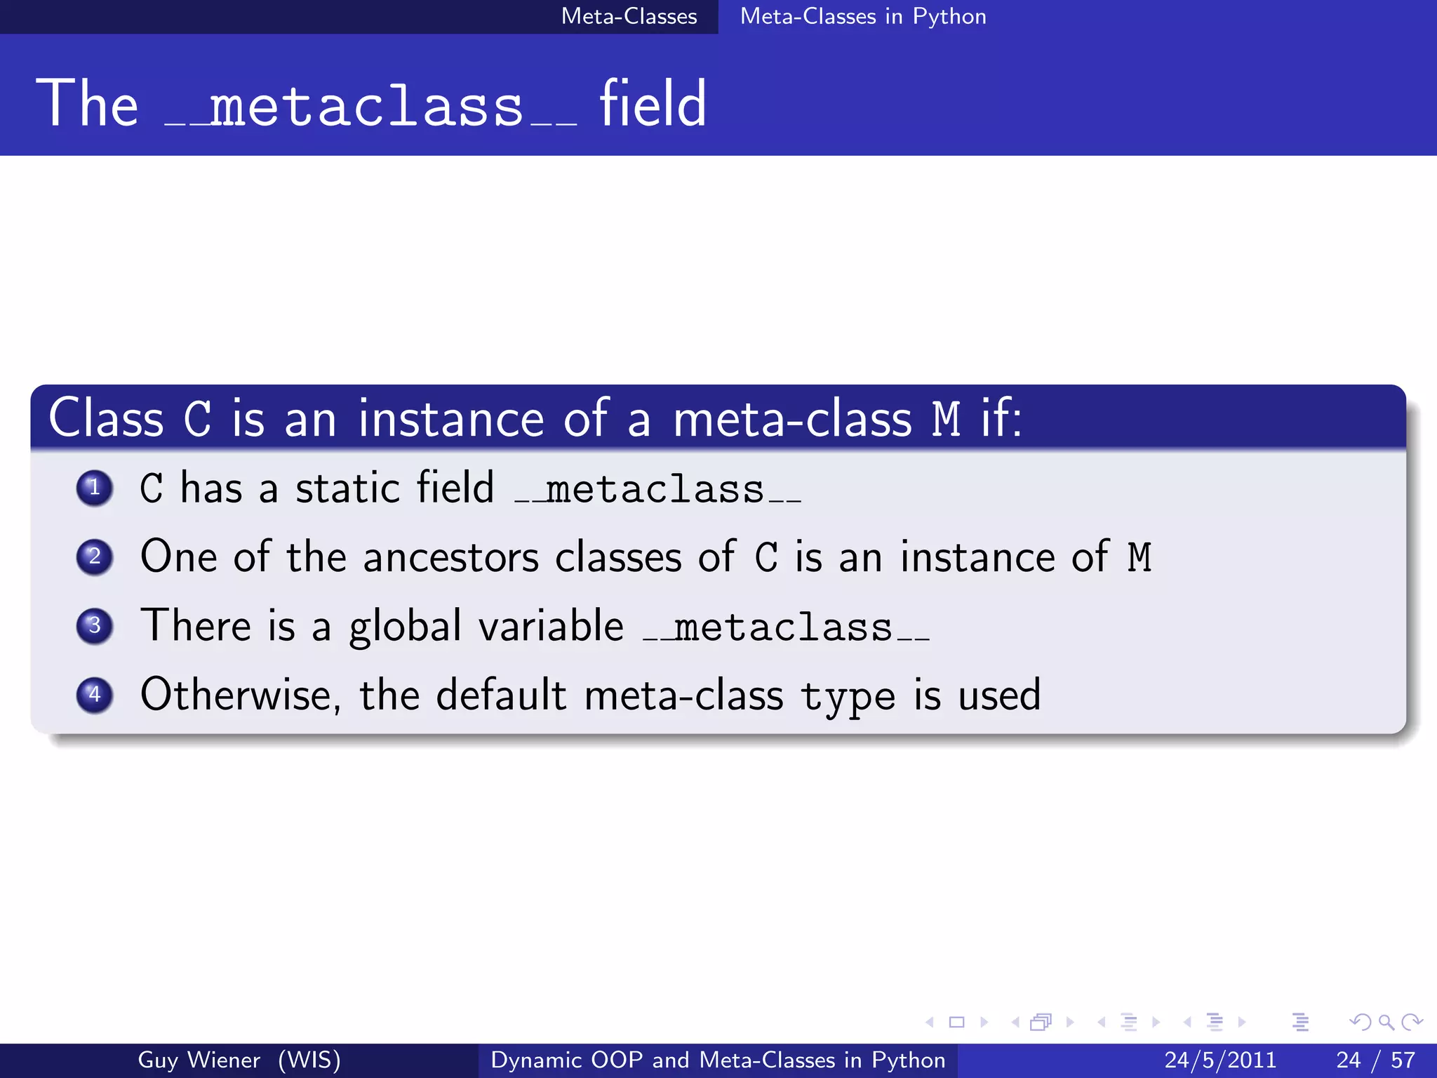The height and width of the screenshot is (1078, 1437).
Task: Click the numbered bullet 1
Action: tap(95, 488)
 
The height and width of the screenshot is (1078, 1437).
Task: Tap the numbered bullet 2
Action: tap(95, 557)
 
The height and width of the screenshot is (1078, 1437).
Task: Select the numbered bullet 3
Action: tap(95, 625)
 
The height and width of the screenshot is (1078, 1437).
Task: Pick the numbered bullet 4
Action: tap(95, 695)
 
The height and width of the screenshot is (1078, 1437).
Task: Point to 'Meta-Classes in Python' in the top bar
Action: tap(863, 16)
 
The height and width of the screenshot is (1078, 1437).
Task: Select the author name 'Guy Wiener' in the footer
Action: tap(199, 1060)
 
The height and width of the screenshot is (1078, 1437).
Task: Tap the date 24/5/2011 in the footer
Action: tap(1220, 1060)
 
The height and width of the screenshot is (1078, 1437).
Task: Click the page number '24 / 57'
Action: tap(1375, 1060)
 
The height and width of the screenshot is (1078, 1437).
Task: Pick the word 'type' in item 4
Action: tap(848, 698)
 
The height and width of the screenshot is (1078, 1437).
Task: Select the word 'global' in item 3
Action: tap(405, 626)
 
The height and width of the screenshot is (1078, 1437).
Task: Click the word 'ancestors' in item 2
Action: tap(450, 557)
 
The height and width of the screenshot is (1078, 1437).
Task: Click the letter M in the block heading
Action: tap(946, 419)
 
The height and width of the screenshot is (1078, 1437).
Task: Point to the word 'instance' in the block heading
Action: tap(450, 419)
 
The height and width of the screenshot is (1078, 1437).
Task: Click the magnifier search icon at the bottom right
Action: tap(1386, 1023)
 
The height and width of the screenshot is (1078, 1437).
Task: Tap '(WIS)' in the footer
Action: tap(309, 1060)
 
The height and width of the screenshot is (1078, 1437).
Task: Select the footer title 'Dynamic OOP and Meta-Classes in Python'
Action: tap(718, 1060)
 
